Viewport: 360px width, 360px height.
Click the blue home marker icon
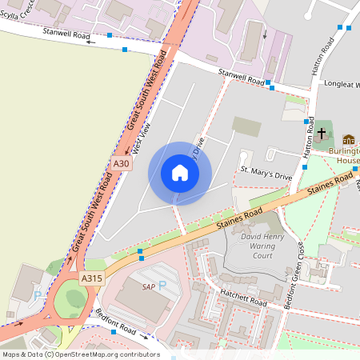[180, 173]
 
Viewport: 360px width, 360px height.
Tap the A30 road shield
[121, 164]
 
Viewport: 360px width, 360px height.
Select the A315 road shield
[90, 278]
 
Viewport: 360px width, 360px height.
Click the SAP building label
[148, 286]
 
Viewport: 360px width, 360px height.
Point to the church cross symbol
[322, 133]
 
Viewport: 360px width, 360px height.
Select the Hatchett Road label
[244, 298]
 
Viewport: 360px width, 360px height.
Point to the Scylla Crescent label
[18, 10]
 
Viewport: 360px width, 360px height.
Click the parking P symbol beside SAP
[162, 286]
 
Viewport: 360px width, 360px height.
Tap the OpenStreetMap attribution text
[80, 354]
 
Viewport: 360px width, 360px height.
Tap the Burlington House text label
[347, 155]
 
